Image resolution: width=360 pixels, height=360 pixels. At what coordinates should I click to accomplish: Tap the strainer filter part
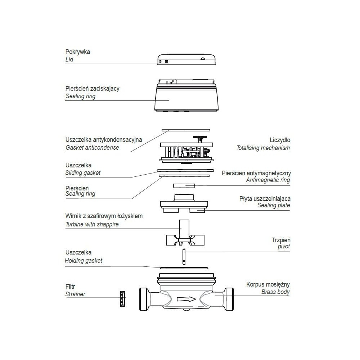[x=122, y=298]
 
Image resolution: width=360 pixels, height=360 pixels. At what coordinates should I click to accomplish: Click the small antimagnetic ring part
[x=184, y=185]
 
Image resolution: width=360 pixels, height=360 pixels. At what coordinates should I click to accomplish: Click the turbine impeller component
[x=184, y=236]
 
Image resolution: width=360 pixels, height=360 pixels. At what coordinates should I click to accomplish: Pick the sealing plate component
[x=184, y=204]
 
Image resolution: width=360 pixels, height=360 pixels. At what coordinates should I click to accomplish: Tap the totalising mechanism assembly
[x=185, y=151]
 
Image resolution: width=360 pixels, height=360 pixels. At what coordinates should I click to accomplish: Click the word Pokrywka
[x=78, y=52]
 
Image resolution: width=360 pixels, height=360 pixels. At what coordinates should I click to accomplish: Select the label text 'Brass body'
[x=275, y=292]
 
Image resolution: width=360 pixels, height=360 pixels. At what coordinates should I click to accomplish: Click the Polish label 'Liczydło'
[x=280, y=140]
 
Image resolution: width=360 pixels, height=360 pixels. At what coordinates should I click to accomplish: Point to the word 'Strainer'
[x=75, y=294]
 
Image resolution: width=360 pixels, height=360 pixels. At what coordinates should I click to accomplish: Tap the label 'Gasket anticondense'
[x=92, y=148]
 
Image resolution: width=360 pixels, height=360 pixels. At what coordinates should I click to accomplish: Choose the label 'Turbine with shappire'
[x=92, y=224]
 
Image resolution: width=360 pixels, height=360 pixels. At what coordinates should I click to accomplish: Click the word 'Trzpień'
[x=281, y=240]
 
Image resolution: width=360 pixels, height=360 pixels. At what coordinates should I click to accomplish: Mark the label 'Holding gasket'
[x=84, y=261]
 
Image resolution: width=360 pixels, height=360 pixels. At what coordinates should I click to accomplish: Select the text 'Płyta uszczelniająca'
[x=265, y=198]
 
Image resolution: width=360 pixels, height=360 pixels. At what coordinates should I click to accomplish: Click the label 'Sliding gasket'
[x=83, y=173]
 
